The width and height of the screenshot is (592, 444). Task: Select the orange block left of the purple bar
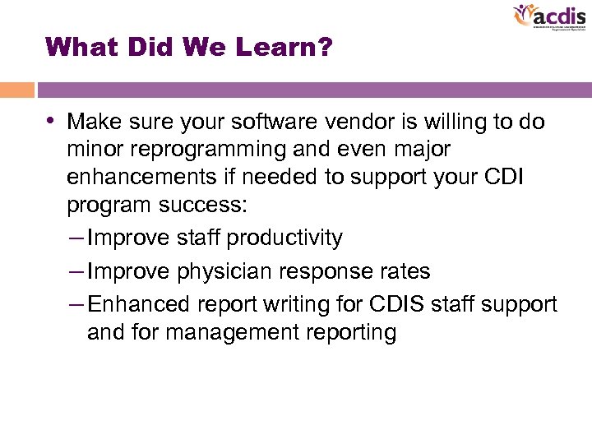pyautogui.click(x=16, y=90)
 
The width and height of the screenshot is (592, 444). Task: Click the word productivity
pyautogui.click(x=284, y=238)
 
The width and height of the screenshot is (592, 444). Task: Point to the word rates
pyautogui.click(x=400, y=271)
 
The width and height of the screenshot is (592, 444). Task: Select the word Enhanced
pyautogui.click(x=140, y=303)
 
